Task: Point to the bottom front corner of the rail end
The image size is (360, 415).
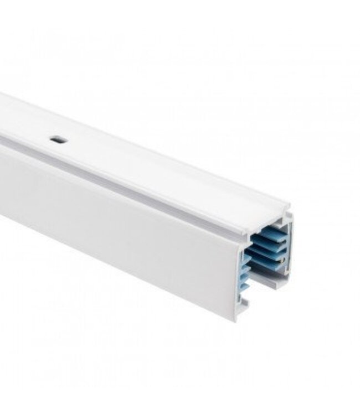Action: (235, 320)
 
